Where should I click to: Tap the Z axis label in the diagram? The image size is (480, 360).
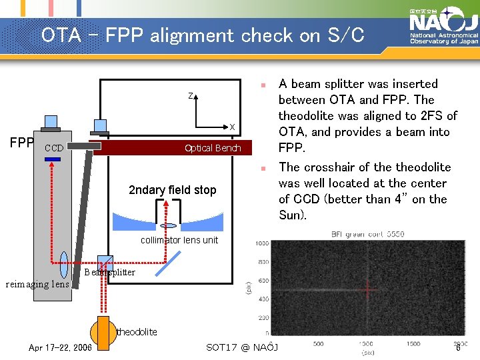coord(190,97)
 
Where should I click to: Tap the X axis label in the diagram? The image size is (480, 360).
coord(232,127)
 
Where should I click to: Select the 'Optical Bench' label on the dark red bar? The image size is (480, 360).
coord(213,148)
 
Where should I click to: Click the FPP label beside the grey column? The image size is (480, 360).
coord(21,143)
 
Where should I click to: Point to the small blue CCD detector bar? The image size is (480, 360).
coord(52,159)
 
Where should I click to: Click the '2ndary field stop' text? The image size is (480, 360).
coord(172,190)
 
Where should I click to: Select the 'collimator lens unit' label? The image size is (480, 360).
coord(179,240)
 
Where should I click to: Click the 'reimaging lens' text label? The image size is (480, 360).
coord(37,285)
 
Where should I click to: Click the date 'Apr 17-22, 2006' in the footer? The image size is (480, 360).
coord(61,347)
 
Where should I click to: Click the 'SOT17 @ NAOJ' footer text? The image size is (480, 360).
coord(242,347)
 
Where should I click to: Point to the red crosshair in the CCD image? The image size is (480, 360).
coord(365,288)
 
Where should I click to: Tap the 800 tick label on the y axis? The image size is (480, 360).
coord(263,262)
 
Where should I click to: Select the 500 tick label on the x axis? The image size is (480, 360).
coord(319,343)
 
